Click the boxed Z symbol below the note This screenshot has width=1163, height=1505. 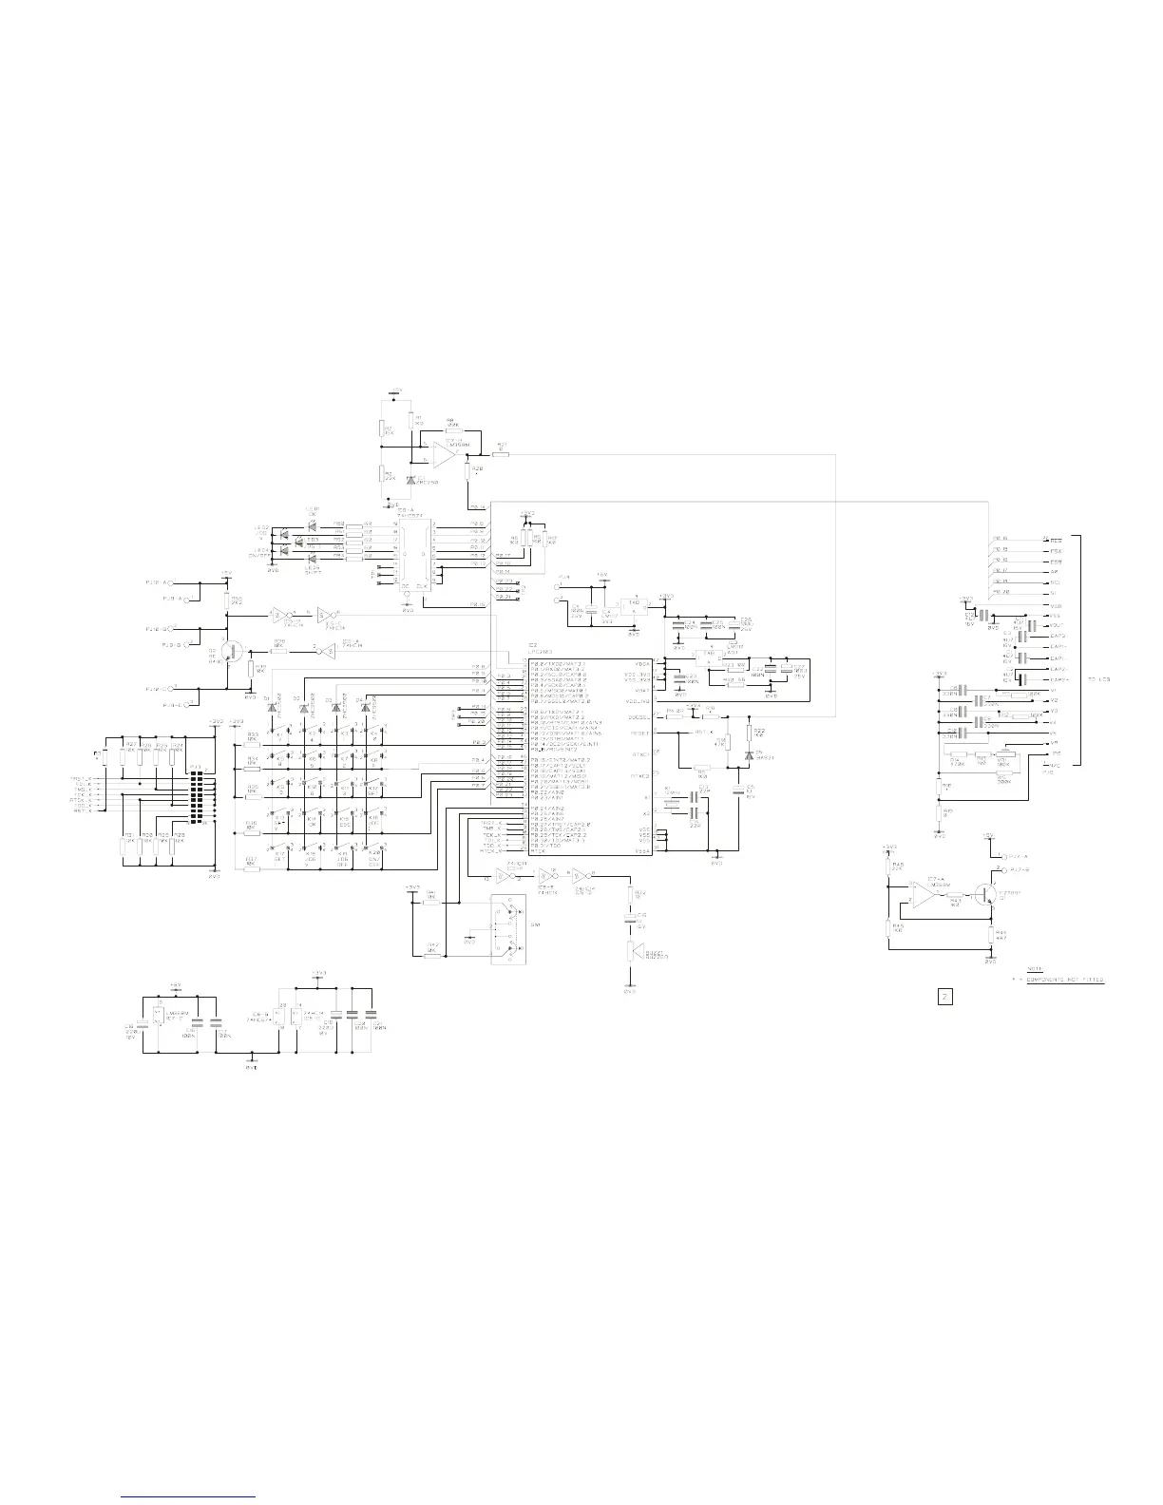[x=945, y=997]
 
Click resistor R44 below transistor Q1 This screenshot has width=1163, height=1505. [x=991, y=935]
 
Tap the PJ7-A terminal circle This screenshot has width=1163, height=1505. [x=1006, y=856]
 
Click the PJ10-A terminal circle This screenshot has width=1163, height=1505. [x=177, y=582]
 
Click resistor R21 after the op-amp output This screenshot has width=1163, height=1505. [x=501, y=455]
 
